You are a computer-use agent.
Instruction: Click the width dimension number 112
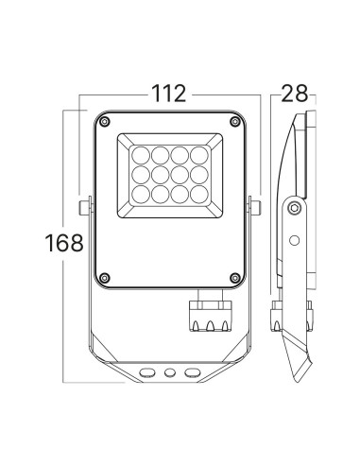click(x=166, y=95)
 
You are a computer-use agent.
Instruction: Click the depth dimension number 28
click(x=295, y=95)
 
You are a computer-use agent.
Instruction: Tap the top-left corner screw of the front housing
click(x=104, y=121)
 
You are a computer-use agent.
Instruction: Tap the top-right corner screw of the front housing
click(x=233, y=121)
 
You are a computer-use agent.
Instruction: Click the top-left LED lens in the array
click(x=139, y=153)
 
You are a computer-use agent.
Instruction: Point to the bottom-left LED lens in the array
click(x=139, y=193)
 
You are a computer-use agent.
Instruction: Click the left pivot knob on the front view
click(x=84, y=207)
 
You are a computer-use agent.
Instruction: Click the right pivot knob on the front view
click(x=253, y=207)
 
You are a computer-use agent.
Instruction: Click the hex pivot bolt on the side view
click(x=296, y=207)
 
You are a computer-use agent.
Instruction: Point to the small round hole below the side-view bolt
click(x=295, y=239)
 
